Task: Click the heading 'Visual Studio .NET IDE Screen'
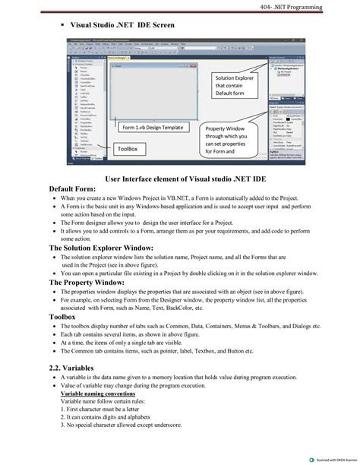[x=122, y=25]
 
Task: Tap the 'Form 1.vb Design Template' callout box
[x=153, y=128]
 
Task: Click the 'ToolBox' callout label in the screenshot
[x=127, y=150]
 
